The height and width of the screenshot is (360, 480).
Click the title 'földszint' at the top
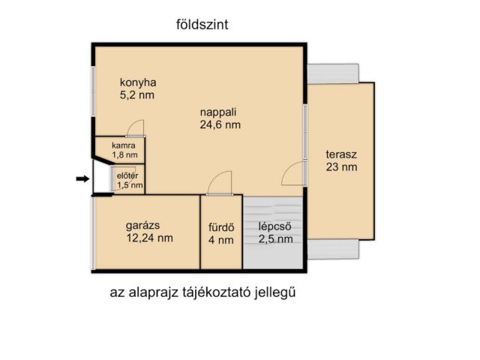point(201,25)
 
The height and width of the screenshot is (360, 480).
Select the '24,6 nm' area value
point(220,126)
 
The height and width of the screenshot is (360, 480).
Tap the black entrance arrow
point(82,178)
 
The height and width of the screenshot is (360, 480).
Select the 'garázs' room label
point(142,224)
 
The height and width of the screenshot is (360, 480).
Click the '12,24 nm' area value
point(150,238)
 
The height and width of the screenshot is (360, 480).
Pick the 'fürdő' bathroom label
point(221,226)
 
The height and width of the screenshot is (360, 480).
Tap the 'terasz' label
point(341,154)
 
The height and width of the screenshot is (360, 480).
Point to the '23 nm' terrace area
point(341,167)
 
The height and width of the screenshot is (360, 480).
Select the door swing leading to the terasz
point(292,173)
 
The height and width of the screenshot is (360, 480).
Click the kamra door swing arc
point(134,128)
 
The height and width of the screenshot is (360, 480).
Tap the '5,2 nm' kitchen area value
point(138,95)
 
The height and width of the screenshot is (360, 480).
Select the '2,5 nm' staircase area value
point(275,240)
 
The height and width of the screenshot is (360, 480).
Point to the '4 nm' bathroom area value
point(221,240)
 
